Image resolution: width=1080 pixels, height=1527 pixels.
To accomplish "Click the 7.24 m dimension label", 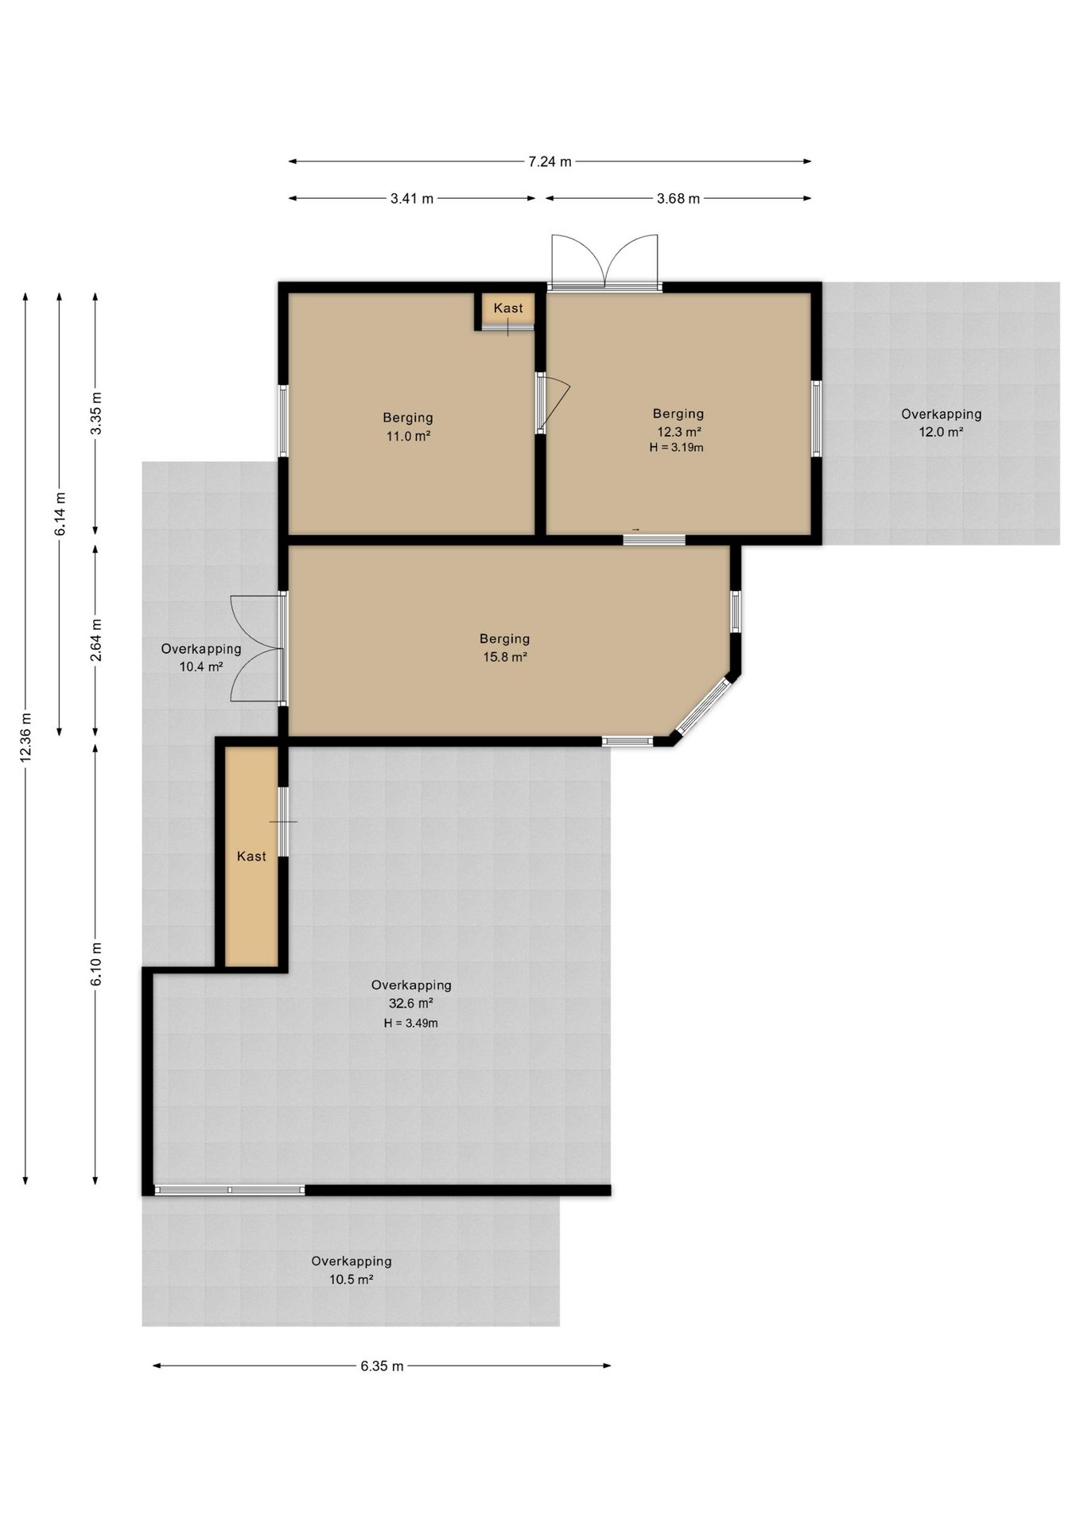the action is tap(550, 161).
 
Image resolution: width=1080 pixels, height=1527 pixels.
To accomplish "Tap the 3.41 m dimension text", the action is tap(412, 198).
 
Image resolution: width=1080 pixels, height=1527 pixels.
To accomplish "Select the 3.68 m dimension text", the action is tap(678, 198).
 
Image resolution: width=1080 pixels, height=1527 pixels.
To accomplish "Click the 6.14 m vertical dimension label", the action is tap(60, 514).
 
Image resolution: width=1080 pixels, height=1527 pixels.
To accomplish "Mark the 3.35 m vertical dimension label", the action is tap(95, 414).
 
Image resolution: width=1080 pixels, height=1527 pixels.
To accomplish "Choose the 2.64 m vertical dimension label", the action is tap(95, 640).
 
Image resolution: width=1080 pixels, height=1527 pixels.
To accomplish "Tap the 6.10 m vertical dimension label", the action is tap(95, 964).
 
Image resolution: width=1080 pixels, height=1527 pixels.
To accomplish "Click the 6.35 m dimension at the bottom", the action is tap(382, 1366).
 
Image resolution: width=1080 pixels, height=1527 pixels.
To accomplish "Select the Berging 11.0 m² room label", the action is tap(408, 426).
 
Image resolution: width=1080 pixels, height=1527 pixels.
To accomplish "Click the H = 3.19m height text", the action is tap(676, 447).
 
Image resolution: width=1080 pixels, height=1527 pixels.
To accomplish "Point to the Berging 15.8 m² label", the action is tap(504, 647).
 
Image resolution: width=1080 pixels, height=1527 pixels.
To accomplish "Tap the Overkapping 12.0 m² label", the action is tap(941, 422).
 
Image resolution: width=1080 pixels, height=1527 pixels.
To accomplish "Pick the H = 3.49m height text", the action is tap(410, 1023).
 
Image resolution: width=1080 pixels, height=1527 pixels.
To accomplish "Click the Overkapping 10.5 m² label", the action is tap(351, 1270).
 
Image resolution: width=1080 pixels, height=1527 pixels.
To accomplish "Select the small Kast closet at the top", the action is tap(507, 310).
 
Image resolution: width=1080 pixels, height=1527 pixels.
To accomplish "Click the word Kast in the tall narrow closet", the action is tap(251, 856).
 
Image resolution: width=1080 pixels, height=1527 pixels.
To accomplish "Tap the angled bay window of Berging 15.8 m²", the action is tap(703, 705).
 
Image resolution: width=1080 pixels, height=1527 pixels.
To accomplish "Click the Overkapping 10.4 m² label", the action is tap(200, 658).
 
